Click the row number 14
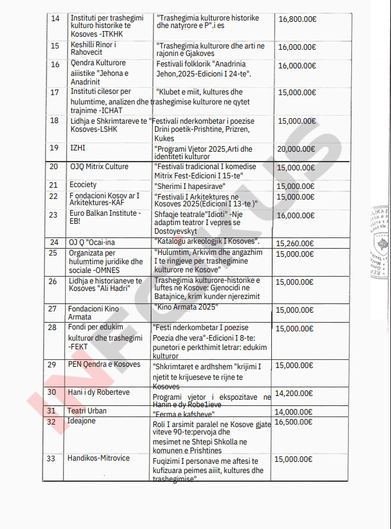point(55,19)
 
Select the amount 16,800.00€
point(297,19)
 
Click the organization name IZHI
point(78,148)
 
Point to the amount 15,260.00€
point(295,242)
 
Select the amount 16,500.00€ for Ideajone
point(295,421)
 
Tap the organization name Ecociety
point(83,185)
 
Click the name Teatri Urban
point(88,411)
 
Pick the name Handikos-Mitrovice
point(99,458)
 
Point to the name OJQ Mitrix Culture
point(99,167)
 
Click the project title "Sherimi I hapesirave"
point(190,186)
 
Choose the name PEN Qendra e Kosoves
point(105,364)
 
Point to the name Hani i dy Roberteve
point(99,392)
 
